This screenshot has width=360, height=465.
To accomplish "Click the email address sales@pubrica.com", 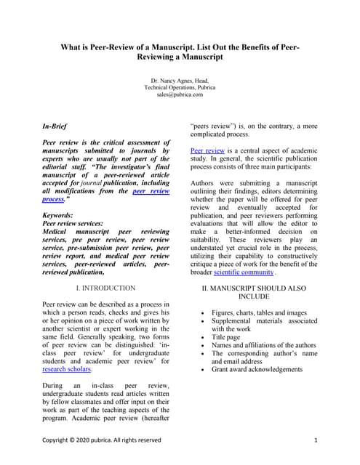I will [179, 94].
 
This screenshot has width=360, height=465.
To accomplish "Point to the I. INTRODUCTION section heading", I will [105, 288].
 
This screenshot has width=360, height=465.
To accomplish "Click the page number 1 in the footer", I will [316, 440].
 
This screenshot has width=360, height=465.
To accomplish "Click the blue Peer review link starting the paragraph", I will [207, 150].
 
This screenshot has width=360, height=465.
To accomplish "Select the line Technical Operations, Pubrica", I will [179, 86].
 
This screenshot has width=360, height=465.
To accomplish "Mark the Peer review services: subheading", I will [71, 224].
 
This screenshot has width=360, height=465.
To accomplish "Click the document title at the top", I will [179, 52].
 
